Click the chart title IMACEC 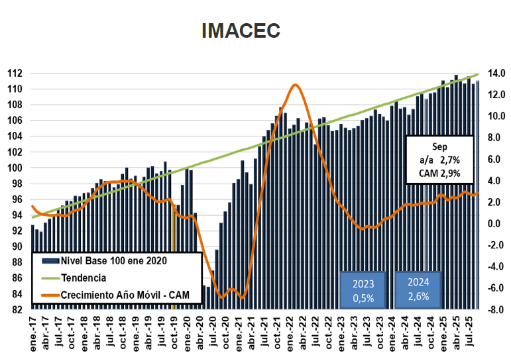pyautogui.click(x=241, y=31)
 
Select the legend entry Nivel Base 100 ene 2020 pyautogui.click(x=113, y=260)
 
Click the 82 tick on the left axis pyautogui.click(x=18, y=309)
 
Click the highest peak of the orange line pyautogui.click(x=295, y=85)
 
